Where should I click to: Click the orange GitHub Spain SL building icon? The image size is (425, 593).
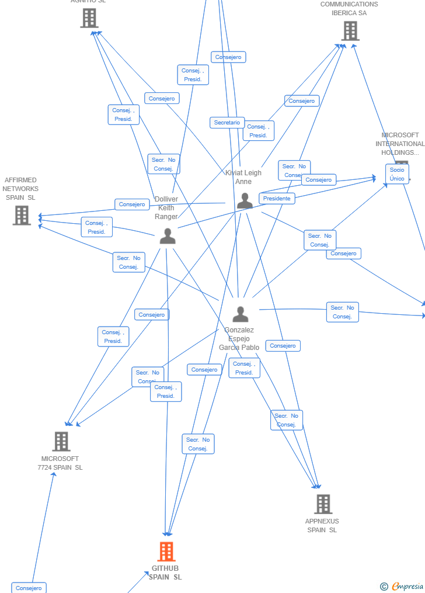pos(166,552)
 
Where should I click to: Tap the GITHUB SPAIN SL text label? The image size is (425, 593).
pos(165,573)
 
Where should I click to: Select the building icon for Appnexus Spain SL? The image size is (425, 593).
pos(323,504)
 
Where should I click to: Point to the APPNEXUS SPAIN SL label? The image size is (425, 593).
pos(322,526)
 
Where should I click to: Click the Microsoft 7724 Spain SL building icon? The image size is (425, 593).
pos(61,442)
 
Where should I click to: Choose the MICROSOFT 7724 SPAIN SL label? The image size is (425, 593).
pos(60,463)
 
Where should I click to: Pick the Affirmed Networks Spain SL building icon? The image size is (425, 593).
pos(22,215)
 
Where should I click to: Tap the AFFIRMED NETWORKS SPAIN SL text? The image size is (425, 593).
pos(20,189)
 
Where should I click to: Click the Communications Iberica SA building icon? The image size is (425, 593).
pos(350,30)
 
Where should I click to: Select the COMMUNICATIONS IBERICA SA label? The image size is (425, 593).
pos(349,9)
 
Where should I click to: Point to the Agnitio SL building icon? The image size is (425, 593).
pos(89,18)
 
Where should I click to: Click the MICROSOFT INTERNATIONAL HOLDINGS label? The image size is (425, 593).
pos(400,144)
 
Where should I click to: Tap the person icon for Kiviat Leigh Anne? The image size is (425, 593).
pos(245,201)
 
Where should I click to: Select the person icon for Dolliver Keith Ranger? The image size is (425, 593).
pos(168,236)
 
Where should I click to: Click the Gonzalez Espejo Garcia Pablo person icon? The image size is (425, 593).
pos(240,314)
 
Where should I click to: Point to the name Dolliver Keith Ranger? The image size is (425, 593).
pos(166,208)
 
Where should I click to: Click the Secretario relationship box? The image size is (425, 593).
pos(227,123)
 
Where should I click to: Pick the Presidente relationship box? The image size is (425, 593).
pos(277,199)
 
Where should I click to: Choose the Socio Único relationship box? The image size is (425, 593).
pos(397,174)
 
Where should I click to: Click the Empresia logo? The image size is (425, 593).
pos(403,586)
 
